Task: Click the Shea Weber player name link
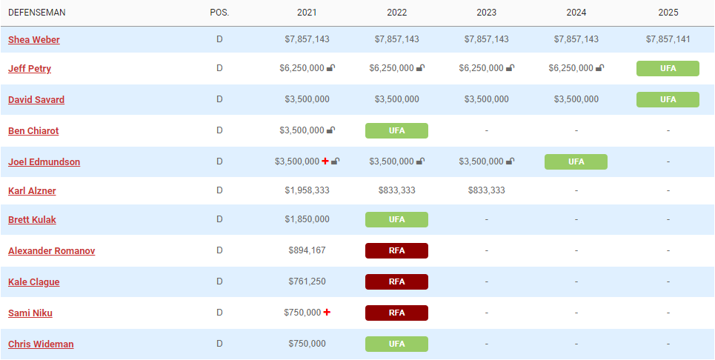[34, 40]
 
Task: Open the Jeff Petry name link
[30, 69]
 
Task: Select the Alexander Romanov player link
[51, 251]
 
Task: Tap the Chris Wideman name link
[41, 344]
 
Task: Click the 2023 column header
[486, 13]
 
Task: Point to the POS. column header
[219, 13]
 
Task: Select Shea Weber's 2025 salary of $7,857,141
[668, 39]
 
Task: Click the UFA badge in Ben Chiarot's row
[396, 131]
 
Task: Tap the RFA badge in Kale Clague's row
[396, 282]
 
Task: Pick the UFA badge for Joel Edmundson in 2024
[576, 161]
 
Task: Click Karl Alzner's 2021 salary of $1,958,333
[307, 190]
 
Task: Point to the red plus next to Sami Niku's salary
[327, 313]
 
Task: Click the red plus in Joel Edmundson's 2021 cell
[325, 161]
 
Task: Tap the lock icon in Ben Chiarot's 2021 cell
[330, 130]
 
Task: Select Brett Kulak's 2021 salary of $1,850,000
[307, 219]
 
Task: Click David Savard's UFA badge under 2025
[668, 99]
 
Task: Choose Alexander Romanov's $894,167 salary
[307, 250]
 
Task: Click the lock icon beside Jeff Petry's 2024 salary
[599, 68]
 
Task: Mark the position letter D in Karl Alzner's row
[219, 190]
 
